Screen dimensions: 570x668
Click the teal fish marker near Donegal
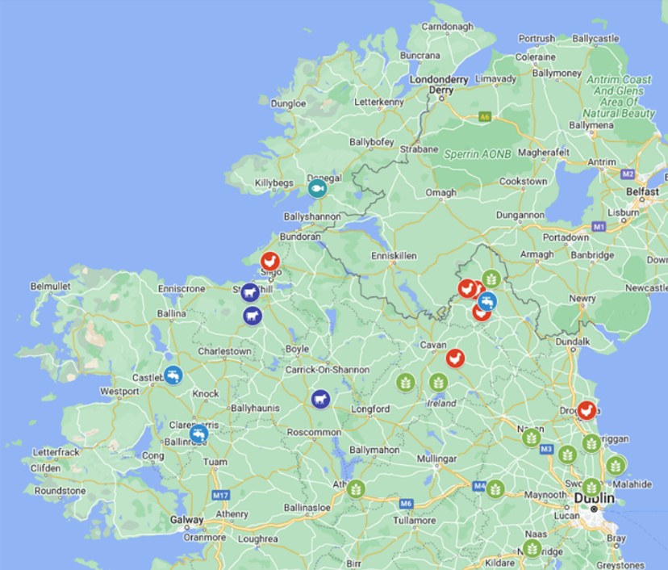click(317, 188)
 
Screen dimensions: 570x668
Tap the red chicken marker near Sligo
click(270, 261)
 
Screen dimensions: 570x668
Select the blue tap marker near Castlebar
click(173, 375)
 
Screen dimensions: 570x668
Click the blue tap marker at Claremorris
click(198, 434)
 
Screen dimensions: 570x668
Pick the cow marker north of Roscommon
click(321, 399)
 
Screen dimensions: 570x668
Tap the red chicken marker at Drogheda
click(587, 410)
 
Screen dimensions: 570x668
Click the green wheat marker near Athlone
click(355, 488)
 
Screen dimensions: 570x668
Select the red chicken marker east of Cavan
click(456, 358)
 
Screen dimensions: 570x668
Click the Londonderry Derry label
click(440, 85)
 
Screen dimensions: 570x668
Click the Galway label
click(186, 521)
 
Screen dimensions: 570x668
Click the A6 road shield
click(484, 117)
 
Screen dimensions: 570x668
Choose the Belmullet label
click(51, 286)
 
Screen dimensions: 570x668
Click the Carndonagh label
click(446, 26)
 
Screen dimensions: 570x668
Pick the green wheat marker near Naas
click(532, 549)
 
